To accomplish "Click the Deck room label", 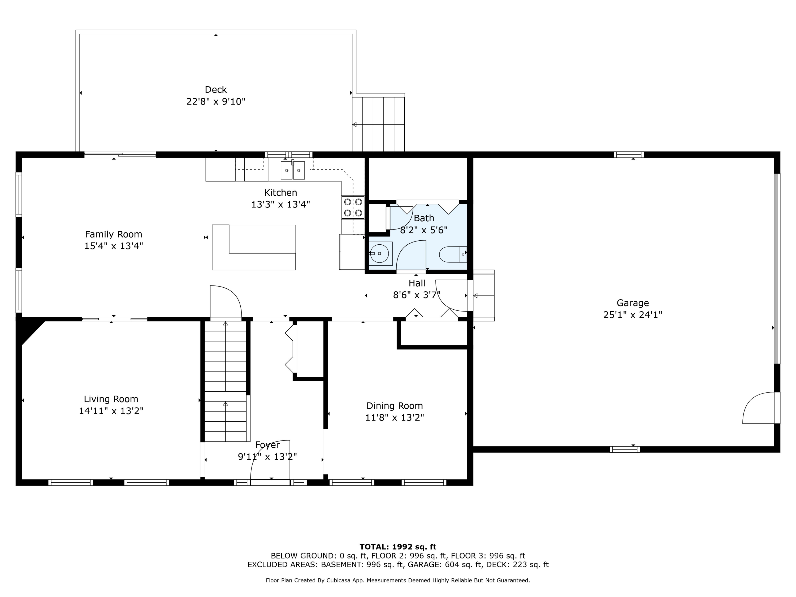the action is pyautogui.click(x=216, y=90).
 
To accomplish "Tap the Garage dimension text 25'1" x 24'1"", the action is pyautogui.click(x=633, y=315).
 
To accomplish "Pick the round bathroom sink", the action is pyautogui.click(x=380, y=253).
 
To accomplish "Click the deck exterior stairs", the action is pyautogui.click(x=379, y=124).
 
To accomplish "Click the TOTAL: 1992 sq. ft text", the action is pyautogui.click(x=398, y=547).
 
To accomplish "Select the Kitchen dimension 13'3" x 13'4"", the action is pyautogui.click(x=280, y=204).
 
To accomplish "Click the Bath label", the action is pyautogui.click(x=424, y=218).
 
